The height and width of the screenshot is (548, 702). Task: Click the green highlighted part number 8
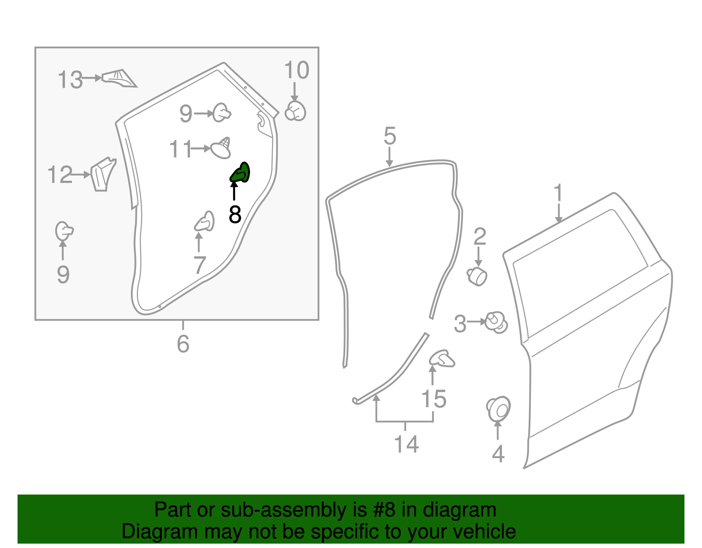(240, 173)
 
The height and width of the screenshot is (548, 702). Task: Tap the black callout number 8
(235, 215)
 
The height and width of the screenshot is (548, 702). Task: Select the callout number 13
(70, 80)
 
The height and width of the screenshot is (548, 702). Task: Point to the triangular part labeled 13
(119, 78)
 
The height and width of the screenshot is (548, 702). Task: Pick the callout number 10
(297, 70)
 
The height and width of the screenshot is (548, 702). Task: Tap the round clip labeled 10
(295, 111)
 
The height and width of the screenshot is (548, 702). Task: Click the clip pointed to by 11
(221, 148)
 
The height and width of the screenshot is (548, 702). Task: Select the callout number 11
(180, 149)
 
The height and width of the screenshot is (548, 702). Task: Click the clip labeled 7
(205, 222)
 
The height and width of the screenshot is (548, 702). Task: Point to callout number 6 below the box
(183, 344)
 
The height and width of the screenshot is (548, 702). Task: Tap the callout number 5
(390, 136)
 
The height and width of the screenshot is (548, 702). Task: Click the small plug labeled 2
(477, 276)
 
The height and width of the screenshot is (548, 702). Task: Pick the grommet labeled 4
(498, 409)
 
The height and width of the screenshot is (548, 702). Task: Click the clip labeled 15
(442, 358)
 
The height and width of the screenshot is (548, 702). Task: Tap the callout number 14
(406, 444)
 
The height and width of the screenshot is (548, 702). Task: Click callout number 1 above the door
(558, 193)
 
